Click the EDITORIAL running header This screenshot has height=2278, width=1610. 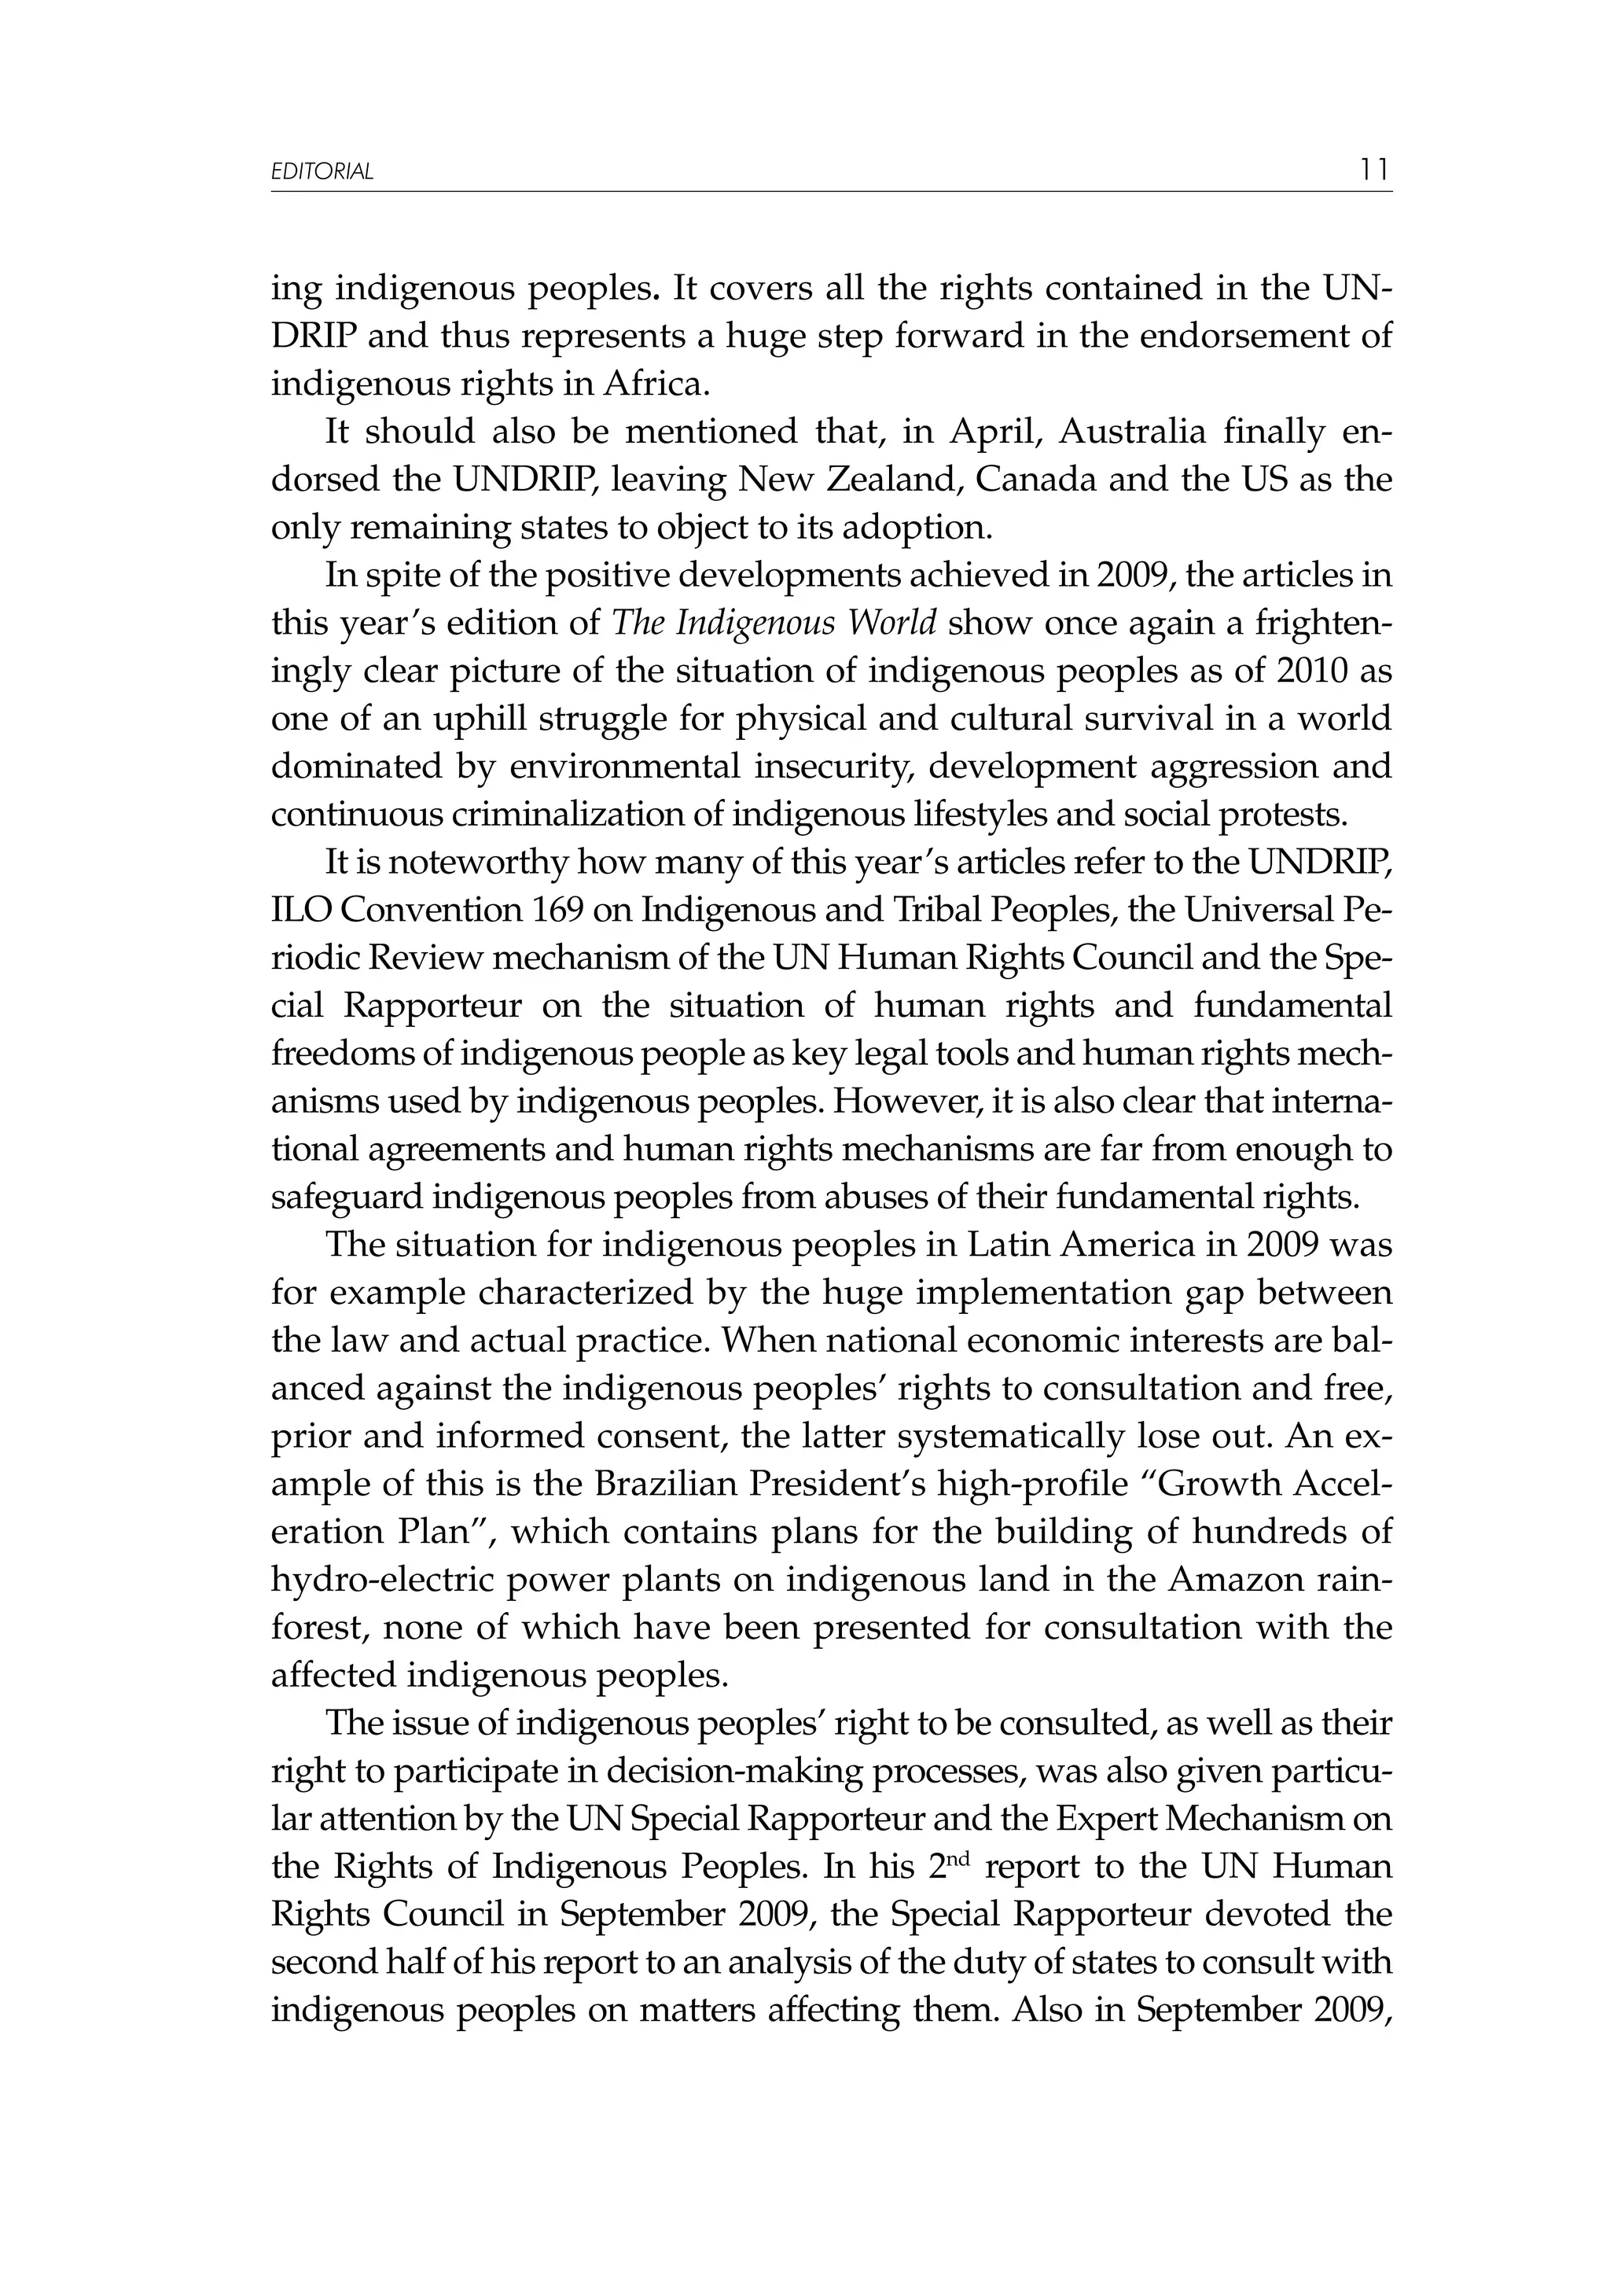[322, 171]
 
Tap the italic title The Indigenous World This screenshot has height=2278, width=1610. [774, 623]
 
